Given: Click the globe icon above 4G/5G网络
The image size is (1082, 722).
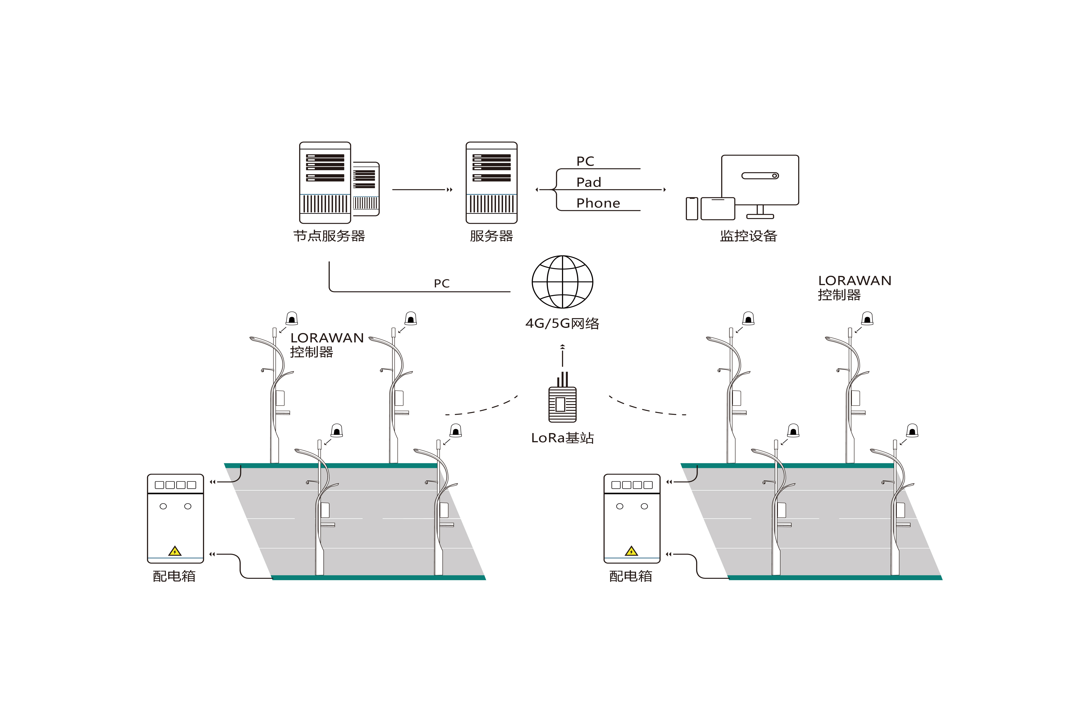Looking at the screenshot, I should coord(562,282).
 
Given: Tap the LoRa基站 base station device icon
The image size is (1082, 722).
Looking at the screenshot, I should coord(562,404).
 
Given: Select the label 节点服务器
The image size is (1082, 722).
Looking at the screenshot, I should coord(329,236).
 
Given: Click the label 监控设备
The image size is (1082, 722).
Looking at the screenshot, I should coord(749,236).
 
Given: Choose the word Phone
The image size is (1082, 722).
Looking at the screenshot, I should coord(598,203).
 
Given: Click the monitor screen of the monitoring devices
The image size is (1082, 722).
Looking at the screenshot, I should coord(760,179).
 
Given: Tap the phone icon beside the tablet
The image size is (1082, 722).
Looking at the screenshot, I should coord(692,209).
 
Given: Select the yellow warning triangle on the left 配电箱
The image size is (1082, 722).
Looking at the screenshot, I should coord(175,551).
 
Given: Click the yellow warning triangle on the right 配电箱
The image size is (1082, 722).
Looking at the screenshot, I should coord(631,551).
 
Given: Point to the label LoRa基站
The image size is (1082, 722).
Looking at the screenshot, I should coord(562,438).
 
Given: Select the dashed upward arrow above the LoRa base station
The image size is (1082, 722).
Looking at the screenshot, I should coord(562,356).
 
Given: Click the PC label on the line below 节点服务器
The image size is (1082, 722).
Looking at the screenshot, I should coord(442,284).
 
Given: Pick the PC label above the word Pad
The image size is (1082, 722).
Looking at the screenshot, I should coord(585,161).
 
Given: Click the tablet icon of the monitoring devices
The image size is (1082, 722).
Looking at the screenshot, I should coord(718,209).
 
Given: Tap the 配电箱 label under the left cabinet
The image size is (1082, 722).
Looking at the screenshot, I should coord(174,576).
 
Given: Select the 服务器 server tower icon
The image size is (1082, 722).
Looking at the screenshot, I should coord(491,183).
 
